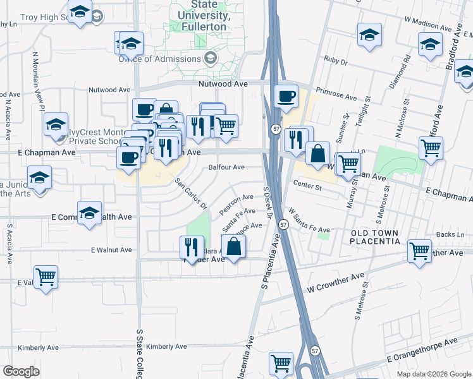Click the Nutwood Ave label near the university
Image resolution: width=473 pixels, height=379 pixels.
click(x=223, y=83)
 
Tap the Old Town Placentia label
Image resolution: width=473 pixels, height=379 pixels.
click(x=376, y=238)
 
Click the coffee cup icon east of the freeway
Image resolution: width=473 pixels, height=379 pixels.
click(x=286, y=96)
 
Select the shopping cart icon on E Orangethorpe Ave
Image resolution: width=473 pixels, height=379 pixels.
click(x=281, y=363)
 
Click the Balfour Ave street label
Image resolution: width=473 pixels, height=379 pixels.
click(x=226, y=167)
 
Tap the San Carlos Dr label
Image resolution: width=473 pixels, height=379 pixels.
click(x=191, y=194)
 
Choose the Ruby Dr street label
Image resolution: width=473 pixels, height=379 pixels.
click(x=336, y=63)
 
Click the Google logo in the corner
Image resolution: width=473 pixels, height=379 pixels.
click(x=21, y=371)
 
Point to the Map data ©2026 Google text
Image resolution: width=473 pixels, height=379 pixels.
click(x=433, y=374)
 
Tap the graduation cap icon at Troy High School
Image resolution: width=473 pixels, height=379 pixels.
click(x=80, y=12)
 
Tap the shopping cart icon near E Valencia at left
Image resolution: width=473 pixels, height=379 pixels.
click(x=45, y=277)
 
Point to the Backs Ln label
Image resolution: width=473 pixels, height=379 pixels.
click(x=450, y=234)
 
